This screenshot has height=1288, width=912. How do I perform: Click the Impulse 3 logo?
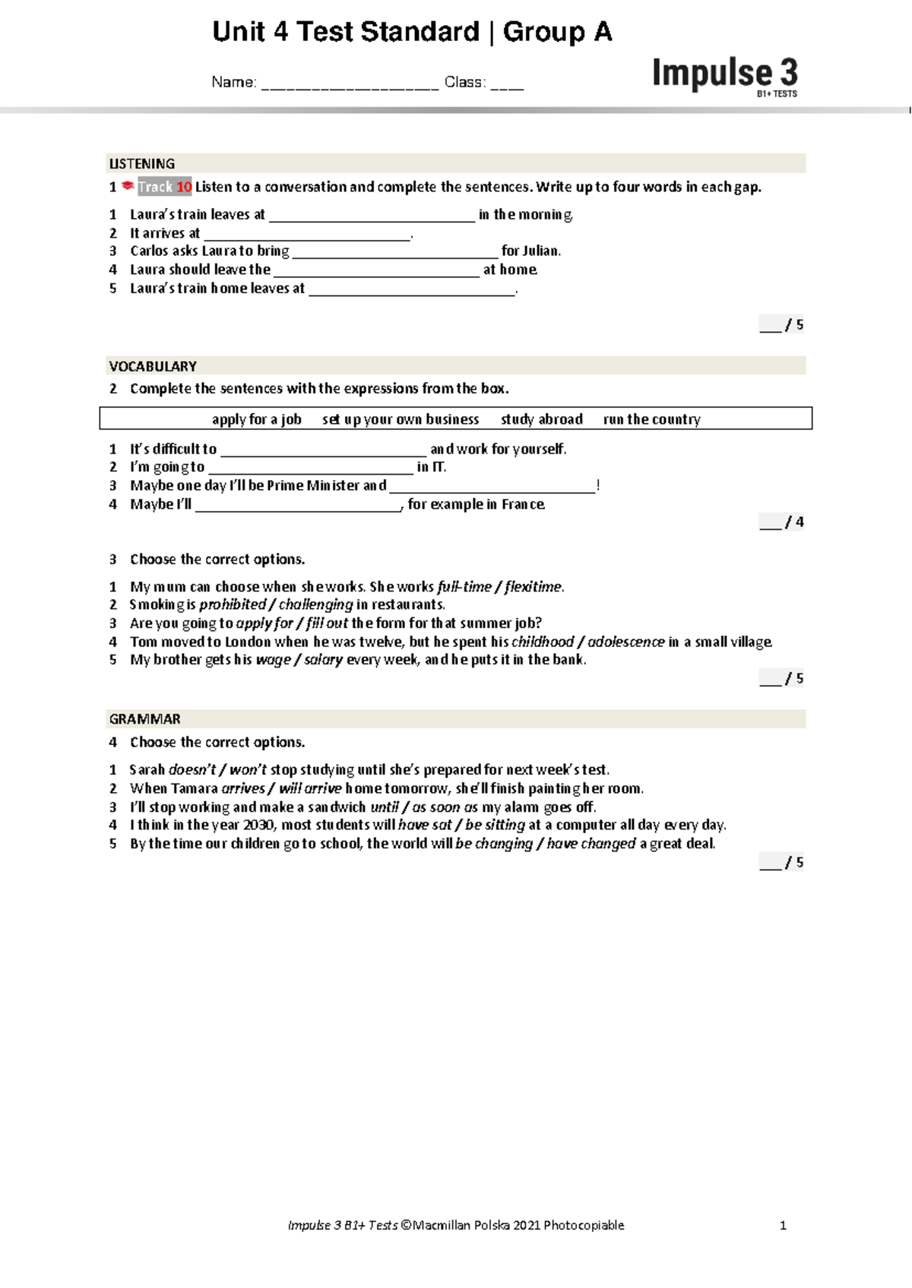(x=724, y=75)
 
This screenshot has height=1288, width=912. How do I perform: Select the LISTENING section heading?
(x=142, y=164)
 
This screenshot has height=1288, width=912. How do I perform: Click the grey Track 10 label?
(x=164, y=187)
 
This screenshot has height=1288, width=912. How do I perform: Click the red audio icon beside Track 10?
(x=128, y=186)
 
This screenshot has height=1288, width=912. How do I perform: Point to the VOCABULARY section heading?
(x=153, y=367)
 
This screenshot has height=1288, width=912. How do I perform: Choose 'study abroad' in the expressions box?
(x=542, y=419)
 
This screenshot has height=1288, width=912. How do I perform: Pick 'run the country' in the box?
(x=651, y=419)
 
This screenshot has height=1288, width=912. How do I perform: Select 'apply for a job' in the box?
(x=256, y=419)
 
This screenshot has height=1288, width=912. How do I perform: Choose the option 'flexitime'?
(x=534, y=587)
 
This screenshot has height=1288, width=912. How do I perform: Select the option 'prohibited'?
(x=233, y=605)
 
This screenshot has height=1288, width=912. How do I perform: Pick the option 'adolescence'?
(x=626, y=642)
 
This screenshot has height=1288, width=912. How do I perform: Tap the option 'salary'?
(x=323, y=661)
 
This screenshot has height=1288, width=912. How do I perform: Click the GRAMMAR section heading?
(x=145, y=719)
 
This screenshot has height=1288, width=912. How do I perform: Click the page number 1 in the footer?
(x=783, y=1225)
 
